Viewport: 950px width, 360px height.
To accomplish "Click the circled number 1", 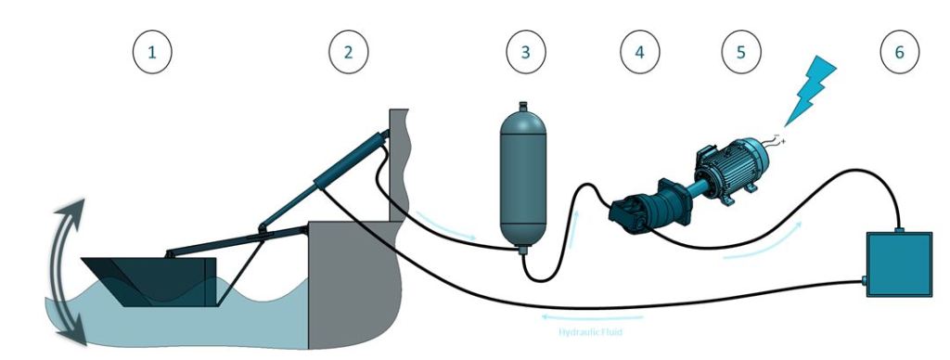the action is pyautogui.click(x=152, y=52).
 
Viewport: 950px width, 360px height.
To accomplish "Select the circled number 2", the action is pyautogui.click(x=349, y=52).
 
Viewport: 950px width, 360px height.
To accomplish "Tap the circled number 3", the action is pyautogui.click(x=526, y=52).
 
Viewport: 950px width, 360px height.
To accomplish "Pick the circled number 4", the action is pyautogui.click(x=640, y=52).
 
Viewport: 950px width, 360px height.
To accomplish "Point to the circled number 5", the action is pyautogui.click(x=741, y=52).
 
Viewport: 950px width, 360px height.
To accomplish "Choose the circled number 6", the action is pyautogui.click(x=900, y=52).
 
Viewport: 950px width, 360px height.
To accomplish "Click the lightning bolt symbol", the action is pyautogui.click(x=811, y=91).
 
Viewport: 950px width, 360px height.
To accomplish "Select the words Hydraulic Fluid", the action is pyautogui.click(x=590, y=332).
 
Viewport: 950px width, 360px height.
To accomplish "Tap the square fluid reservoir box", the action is pyautogui.click(x=899, y=264).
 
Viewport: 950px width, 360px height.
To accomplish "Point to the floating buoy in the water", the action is pyautogui.click(x=149, y=281).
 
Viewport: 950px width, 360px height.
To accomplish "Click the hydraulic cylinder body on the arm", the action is pyautogui.click(x=351, y=161).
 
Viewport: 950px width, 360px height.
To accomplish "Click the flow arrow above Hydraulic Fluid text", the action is pyautogui.click(x=592, y=317).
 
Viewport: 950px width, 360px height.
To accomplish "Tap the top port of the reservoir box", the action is pyautogui.click(x=899, y=230).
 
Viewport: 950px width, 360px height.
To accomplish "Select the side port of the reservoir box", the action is pyautogui.click(x=864, y=280).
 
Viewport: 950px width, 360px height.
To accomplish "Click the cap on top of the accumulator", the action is pyautogui.click(x=523, y=107).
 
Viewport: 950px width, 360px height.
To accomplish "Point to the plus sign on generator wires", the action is pyautogui.click(x=783, y=141).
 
